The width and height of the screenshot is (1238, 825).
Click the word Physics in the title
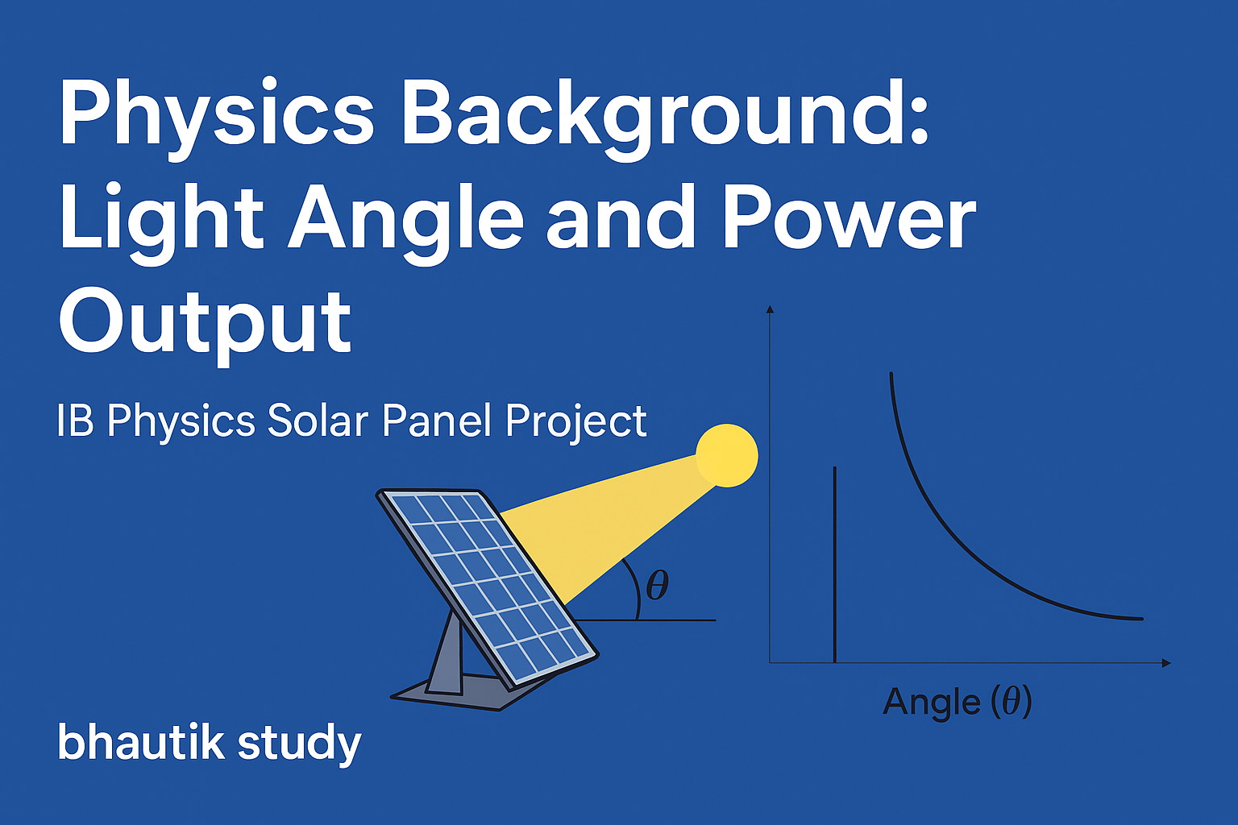pos(217,118)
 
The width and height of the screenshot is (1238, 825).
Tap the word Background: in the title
pos(666,118)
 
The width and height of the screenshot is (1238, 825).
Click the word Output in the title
pos(205,326)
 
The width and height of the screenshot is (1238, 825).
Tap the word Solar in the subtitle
pos(318,421)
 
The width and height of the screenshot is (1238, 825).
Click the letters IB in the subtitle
pos(75,421)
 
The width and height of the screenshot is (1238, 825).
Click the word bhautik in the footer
pos(141,741)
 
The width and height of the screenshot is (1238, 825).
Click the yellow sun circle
pos(727,455)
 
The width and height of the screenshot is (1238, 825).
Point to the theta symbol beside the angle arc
pos(658,585)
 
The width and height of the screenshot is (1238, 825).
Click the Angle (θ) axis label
pos(958,703)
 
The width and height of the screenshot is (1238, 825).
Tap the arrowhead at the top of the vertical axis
pos(770,309)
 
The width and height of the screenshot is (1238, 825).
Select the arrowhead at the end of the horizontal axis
pos(1166,662)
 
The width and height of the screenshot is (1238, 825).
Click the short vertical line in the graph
pos(834,565)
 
